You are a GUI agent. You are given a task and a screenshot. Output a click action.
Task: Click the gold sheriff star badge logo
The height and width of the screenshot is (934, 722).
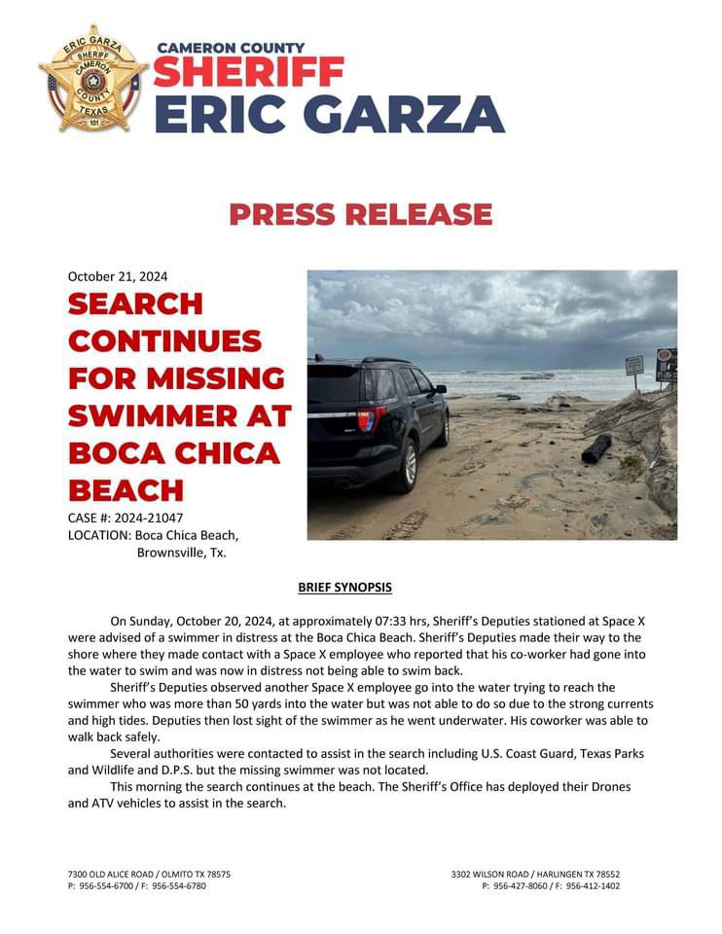point(91,80)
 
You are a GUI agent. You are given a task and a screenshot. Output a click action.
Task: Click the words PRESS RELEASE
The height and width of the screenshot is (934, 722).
point(361,214)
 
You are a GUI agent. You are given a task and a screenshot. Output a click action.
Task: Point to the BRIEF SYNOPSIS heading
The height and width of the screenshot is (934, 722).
point(344,588)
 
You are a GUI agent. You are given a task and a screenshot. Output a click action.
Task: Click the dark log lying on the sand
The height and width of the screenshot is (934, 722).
point(596,448)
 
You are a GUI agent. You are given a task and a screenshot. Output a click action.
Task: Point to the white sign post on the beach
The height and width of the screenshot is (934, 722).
point(634,369)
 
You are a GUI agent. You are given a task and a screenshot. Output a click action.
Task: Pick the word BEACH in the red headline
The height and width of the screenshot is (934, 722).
point(126,489)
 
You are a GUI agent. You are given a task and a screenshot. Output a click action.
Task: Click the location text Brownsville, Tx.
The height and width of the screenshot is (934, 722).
point(182,553)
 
